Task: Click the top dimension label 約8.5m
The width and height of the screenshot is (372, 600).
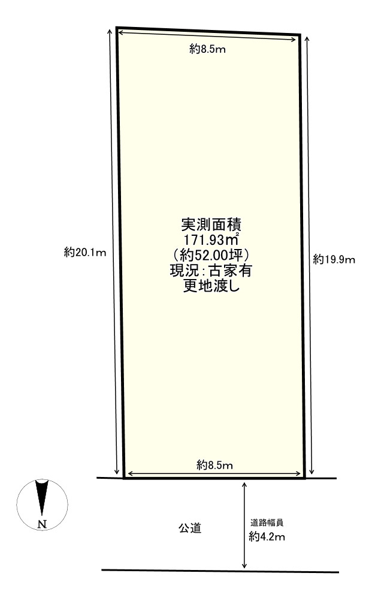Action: pyautogui.click(x=207, y=50)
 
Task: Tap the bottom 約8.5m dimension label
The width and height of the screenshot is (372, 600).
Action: pyautogui.click(x=214, y=464)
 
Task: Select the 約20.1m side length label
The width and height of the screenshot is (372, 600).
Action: pyautogui.click(x=84, y=252)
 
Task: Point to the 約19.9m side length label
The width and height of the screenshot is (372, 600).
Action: pyautogui.click(x=334, y=260)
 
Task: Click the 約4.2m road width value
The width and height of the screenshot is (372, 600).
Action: pyautogui.click(x=267, y=537)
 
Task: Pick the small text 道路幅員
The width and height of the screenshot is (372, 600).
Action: pyautogui.click(x=267, y=523)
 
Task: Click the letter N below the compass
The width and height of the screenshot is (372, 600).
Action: pyautogui.click(x=42, y=524)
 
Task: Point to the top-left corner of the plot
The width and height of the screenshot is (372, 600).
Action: pyautogui.click(x=117, y=28)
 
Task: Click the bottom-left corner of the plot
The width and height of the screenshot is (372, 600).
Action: pyautogui.click(x=124, y=478)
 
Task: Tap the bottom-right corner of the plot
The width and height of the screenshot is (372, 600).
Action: pyautogui.click(x=305, y=478)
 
